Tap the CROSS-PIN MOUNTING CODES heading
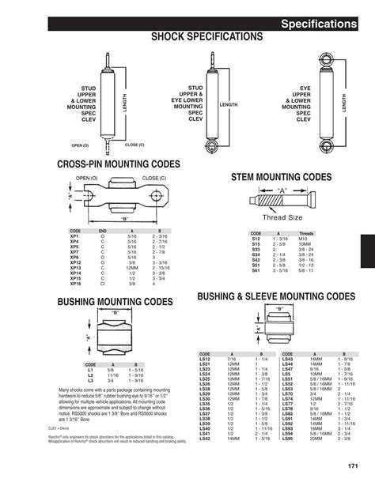(x=119, y=164)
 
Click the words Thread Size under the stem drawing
(x=282, y=217)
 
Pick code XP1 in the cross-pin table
(x=74, y=236)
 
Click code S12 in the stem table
(x=256, y=239)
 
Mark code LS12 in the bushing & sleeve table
(x=205, y=359)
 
